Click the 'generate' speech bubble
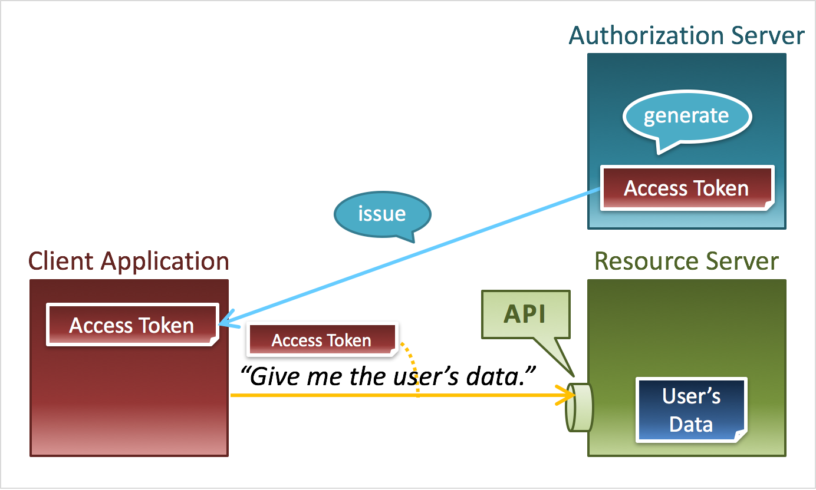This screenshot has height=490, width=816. point(687,117)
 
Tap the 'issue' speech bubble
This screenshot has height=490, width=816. point(382,214)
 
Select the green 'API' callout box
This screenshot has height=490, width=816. point(526,314)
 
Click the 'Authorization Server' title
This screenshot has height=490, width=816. point(687,36)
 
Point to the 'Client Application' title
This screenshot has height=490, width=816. point(129,261)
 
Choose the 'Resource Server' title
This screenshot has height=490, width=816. point(687,261)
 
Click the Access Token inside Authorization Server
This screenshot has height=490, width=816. point(687,188)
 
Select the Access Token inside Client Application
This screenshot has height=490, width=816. point(133,325)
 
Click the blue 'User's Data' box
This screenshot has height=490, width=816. point(692,410)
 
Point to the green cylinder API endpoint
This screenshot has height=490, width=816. point(579,408)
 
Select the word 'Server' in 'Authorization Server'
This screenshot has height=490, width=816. point(768,36)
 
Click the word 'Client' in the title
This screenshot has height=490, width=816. point(61,261)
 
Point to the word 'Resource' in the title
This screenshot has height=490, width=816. point(645,261)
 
